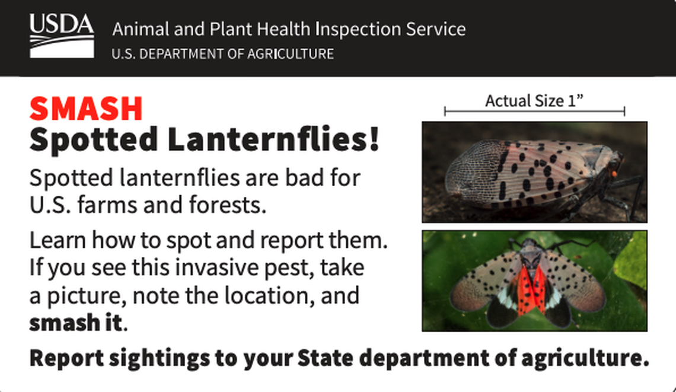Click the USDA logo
pyautogui.click(x=62, y=36)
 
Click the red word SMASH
pyautogui.click(x=86, y=109)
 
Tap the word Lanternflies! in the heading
pyautogui.click(x=273, y=140)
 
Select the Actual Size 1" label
pyautogui.click(x=534, y=101)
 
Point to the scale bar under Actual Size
pyautogui.click(x=534, y=111)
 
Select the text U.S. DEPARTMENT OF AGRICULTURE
pyautogui.click(x=222, y=54)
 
